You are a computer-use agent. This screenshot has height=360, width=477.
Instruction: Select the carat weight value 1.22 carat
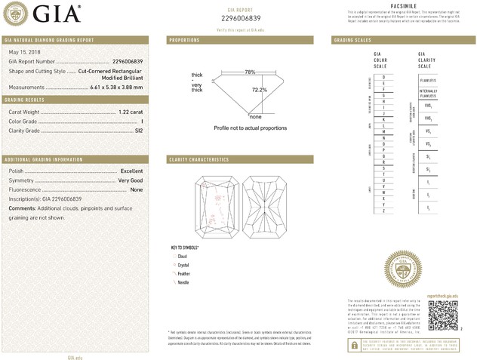(129, 112)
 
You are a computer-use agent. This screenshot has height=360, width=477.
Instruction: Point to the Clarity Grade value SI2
(138, 131)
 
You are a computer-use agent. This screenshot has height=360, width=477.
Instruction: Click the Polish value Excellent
(131, 171)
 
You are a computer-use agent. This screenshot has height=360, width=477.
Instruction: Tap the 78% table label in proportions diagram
(250, 72)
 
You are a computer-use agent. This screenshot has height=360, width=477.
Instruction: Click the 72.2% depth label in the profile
(260, 89)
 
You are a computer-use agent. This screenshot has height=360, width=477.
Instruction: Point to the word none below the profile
(255, 117)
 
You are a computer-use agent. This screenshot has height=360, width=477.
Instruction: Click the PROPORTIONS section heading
(185, 39)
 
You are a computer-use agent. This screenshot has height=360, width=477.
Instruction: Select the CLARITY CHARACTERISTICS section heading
(199, 160)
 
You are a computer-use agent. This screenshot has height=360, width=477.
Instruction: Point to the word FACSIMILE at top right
(402, 6)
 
